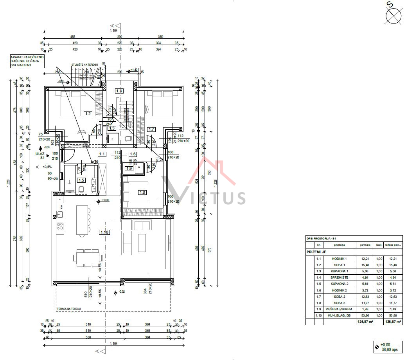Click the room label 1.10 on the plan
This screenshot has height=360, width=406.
tap(104, 232)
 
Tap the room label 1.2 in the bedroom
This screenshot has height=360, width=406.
tap(88, 114)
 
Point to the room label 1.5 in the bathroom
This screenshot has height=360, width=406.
tap(81, 180)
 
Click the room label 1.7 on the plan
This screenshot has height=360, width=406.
tap(151, 129)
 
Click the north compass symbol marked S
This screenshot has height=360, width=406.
tap(393, 15)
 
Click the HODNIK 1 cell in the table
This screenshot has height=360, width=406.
tap(339, 259)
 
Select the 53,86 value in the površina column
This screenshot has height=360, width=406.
tap(365, 315)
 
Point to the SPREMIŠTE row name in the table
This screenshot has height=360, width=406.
tap(339, 277)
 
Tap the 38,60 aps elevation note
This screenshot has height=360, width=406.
tap(390, 349)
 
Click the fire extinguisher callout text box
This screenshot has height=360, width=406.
tap(27, 61)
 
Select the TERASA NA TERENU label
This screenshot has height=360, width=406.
tap(69, 309)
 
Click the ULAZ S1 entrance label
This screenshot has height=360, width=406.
tap(40, 156)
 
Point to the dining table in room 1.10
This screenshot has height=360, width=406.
tap(88, 257)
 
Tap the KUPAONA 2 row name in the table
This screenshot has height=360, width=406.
tap(339, 284)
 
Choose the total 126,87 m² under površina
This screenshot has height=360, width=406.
tap(365, 322)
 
